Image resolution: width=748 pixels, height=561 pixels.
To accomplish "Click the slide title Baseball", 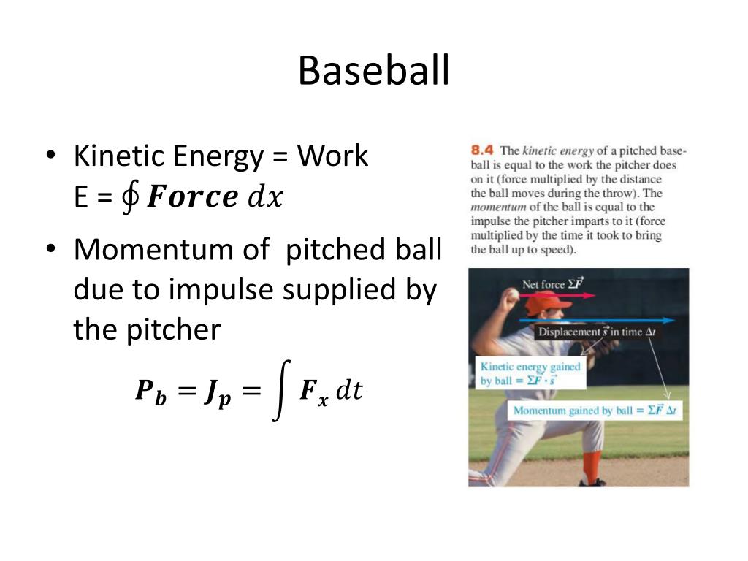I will point(373,71).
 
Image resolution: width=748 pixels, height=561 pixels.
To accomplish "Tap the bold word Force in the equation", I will point(192,197).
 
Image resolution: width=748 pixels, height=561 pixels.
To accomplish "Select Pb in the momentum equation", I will point(151,392).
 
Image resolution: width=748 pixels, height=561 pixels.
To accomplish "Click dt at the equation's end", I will point(348,391).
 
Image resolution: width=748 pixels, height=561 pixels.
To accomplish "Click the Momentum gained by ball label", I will point(595,411).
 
